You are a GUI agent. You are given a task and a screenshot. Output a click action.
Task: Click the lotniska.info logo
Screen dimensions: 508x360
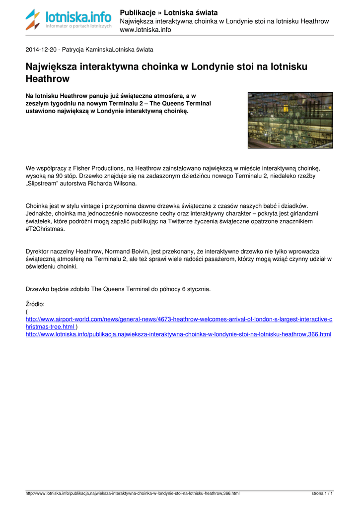click(69, 20)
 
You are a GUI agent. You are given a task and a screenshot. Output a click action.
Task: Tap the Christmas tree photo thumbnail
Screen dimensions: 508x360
click(290, 120)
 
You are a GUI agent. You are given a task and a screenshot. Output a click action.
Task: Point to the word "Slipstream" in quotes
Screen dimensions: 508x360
click(44, 184)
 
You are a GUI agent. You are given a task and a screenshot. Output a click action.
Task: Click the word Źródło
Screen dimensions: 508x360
click(35, 304)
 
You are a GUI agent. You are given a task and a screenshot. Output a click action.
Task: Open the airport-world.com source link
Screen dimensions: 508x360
click(179, 319)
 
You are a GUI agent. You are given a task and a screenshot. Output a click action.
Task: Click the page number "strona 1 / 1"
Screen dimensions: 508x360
click(322, 494)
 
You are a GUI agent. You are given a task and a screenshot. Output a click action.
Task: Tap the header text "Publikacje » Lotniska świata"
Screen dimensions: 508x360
click(169, 12)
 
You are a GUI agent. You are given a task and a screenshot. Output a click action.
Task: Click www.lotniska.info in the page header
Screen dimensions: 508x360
click(145, 30)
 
